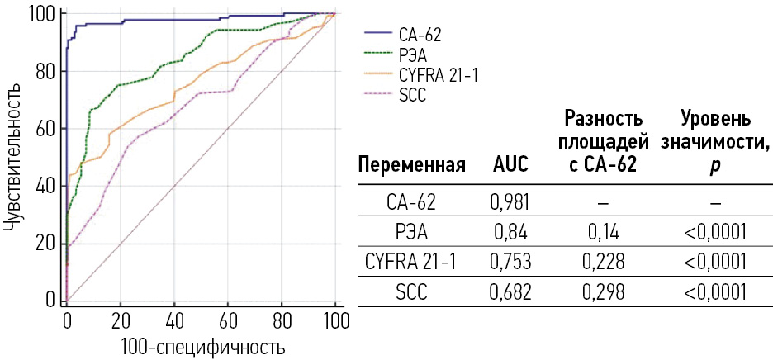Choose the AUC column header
510,165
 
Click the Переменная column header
412,165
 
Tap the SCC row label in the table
411,292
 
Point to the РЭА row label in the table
411,231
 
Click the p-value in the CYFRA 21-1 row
715,262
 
